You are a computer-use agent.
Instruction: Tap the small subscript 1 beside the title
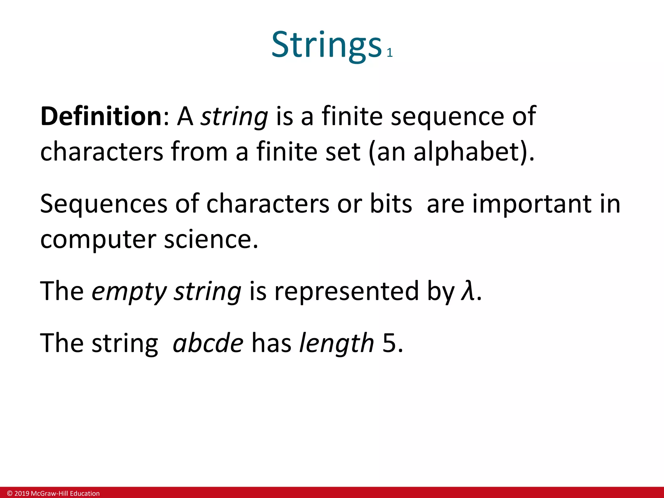[390, 53]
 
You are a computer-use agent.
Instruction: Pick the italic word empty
[129, 291]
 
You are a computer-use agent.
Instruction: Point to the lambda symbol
[468, 291]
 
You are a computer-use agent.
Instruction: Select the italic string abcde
[208, 343]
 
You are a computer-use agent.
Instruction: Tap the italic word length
[336, 343]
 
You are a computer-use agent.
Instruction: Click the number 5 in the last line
[389, 343]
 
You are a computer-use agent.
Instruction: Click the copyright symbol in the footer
[10, 493]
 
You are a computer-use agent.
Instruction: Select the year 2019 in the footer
[22, 493]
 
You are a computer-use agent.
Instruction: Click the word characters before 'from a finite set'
[101, 152]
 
